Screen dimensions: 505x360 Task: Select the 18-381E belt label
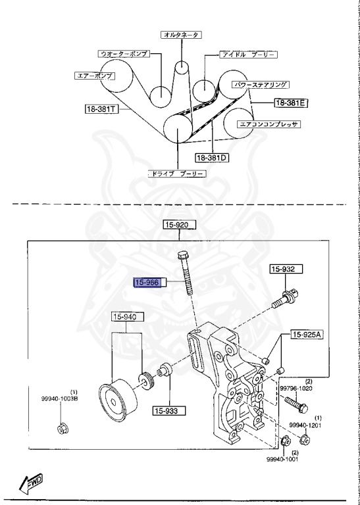pyautogui.click(x=292, y=103)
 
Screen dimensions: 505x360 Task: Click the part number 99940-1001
pyautogui.click(x=283, y=460)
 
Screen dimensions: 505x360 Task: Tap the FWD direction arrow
pyautogui.click(x=32, y=485)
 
